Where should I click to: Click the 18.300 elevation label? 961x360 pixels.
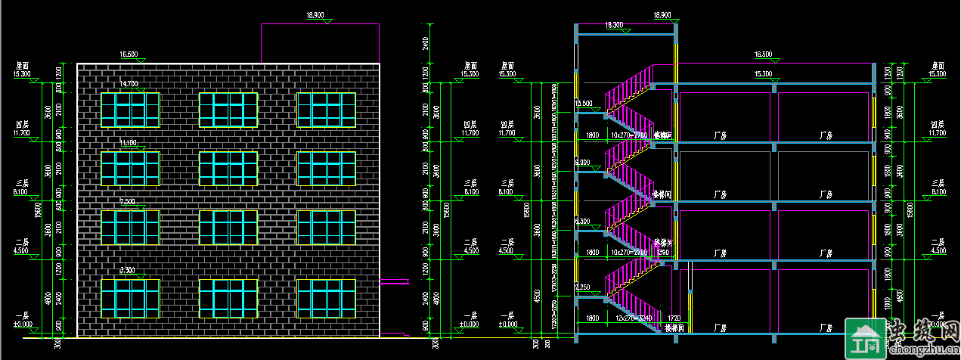click(614, 25)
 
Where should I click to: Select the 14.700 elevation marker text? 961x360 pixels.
click(129, 84)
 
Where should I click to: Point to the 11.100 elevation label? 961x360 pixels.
click(129, 142)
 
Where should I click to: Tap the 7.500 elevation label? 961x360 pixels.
click(128, 201)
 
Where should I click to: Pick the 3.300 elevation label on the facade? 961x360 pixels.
click(128, 270)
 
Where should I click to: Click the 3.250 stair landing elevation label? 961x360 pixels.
click(583, 287)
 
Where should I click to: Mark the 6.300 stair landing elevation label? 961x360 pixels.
click(583, 221)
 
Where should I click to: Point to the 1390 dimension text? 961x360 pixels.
click(663, 252)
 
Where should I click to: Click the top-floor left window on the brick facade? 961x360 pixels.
click(130, 110)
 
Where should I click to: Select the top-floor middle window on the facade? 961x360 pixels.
click(228, 110)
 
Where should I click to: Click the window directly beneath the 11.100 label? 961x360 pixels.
click(130, 169)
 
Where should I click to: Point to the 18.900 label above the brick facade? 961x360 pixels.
click(315, 15)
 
